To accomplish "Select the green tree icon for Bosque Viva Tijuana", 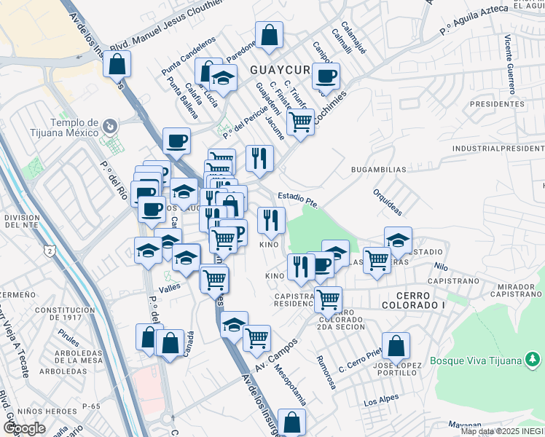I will [533, 359].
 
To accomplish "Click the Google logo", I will [24, 428].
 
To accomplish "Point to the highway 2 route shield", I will [50, 251].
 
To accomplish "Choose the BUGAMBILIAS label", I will [378, 169].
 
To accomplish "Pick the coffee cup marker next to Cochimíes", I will [325, 75].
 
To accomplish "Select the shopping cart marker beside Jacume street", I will [300, 121].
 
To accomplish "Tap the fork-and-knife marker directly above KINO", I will [271, 219].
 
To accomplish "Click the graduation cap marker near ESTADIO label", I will [398, 240].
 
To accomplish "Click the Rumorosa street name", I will [325, 371].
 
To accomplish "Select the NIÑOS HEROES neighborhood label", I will [28, 410].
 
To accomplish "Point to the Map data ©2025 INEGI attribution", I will [501, 431].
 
